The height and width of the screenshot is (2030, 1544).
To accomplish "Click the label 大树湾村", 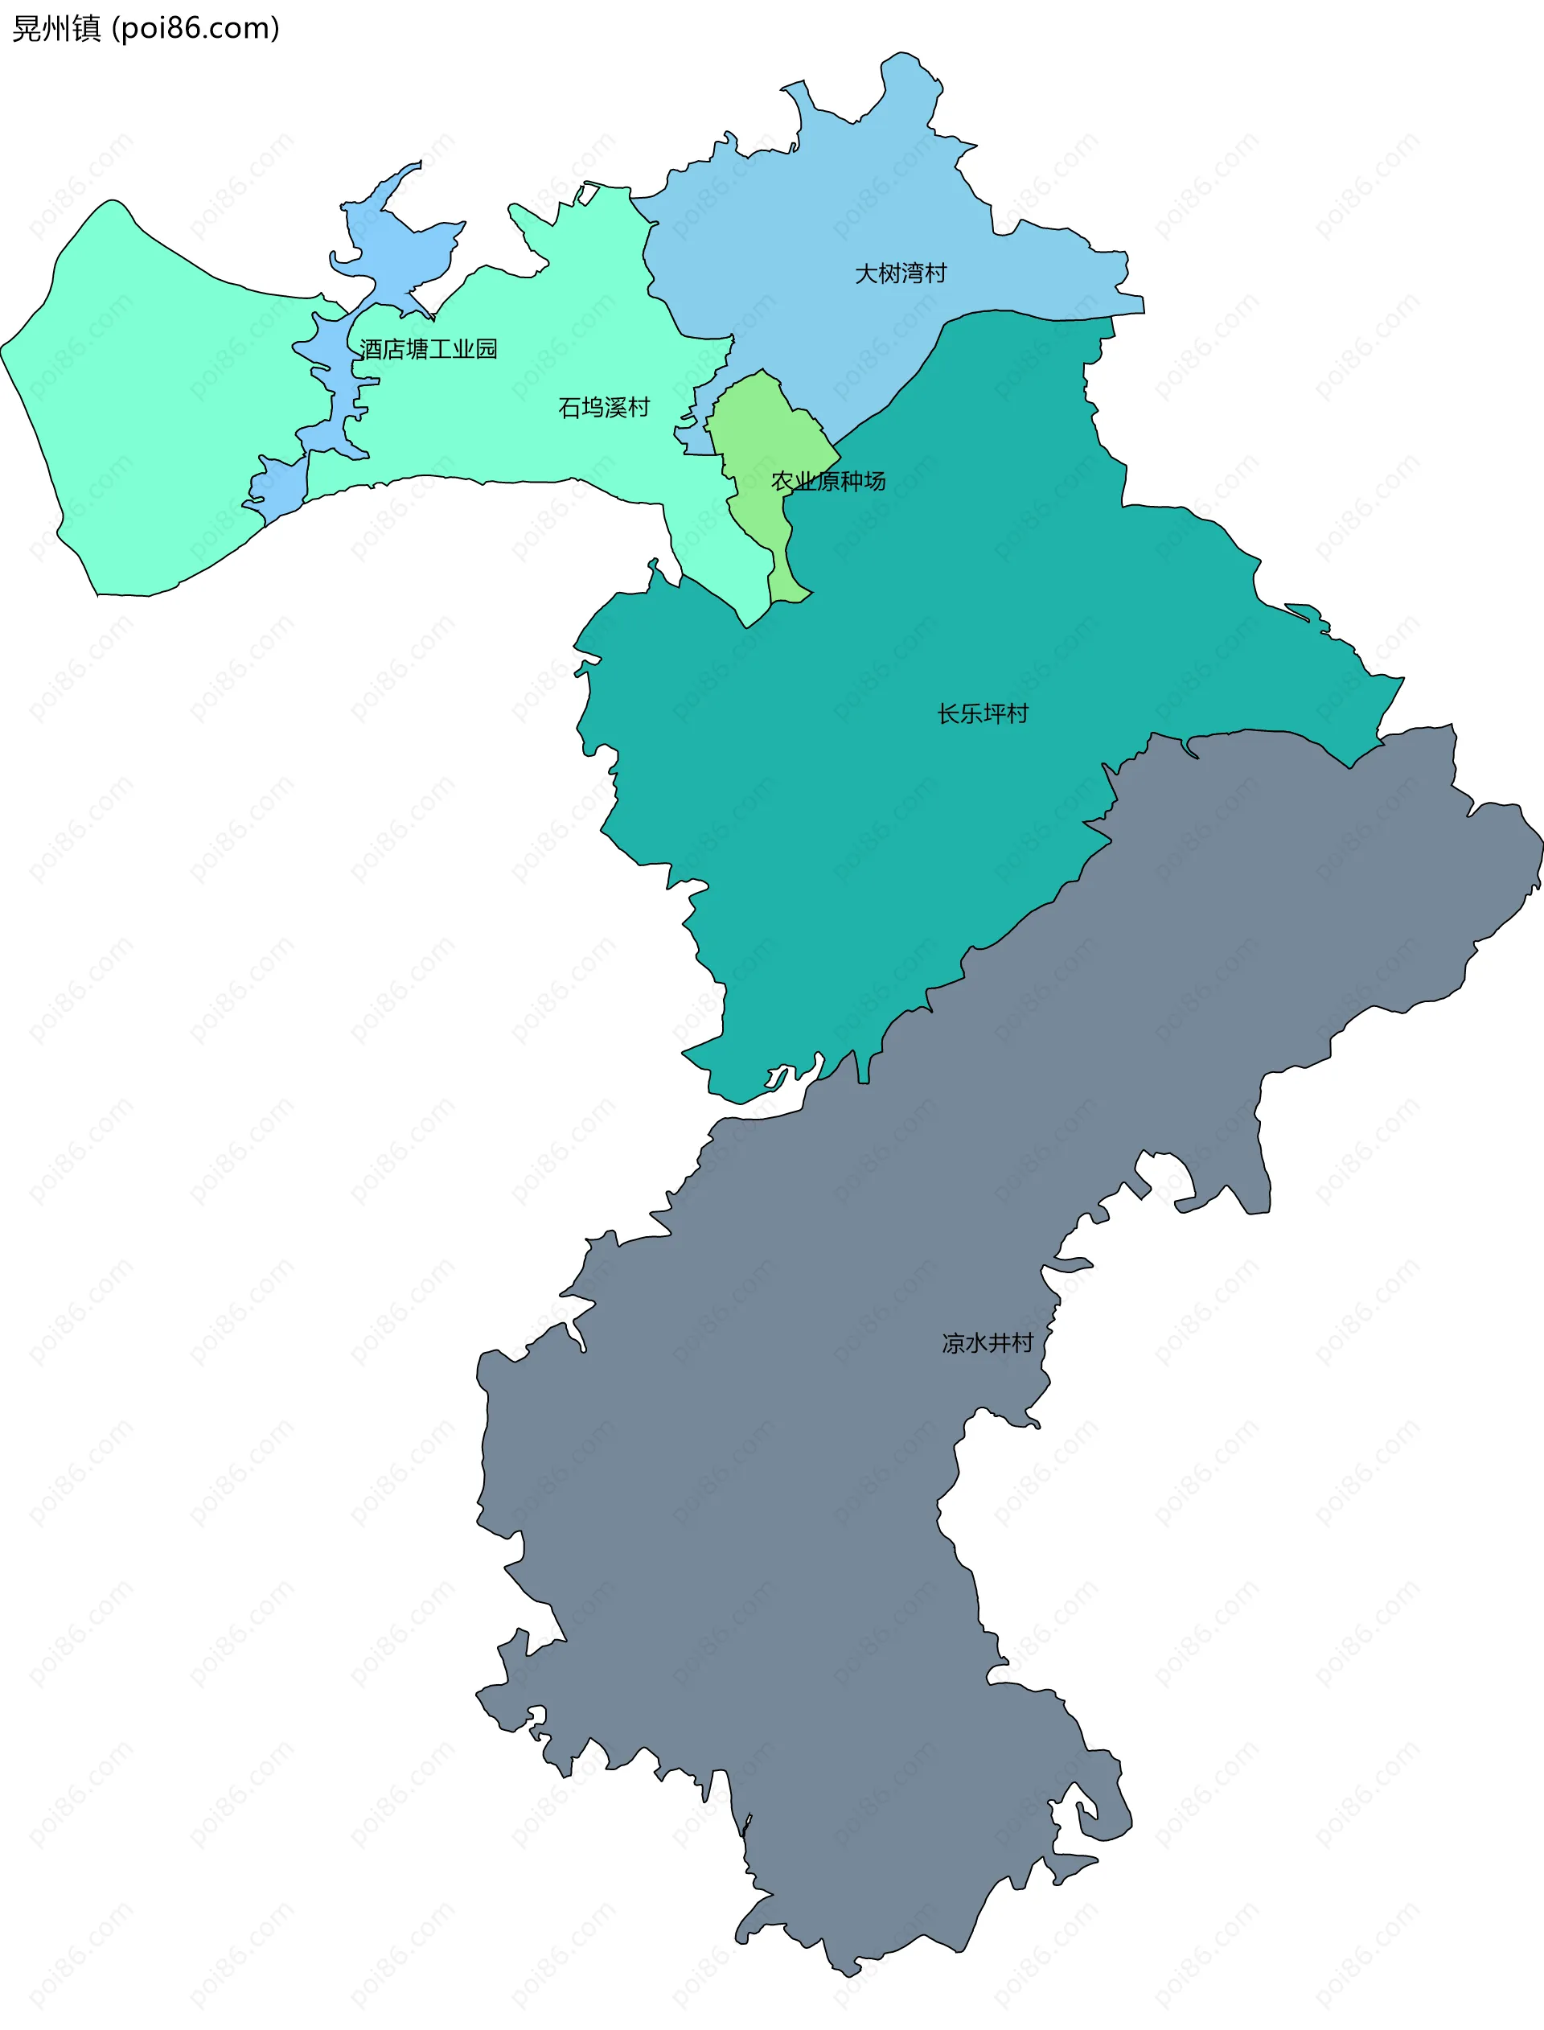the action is (900, 273).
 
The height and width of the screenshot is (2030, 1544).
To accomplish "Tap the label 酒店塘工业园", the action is (429, 349).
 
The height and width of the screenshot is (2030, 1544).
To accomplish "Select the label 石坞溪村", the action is (604, 407).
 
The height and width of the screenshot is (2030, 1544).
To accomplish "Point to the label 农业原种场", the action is (828, 481).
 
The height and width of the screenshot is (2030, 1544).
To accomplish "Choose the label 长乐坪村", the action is (983, 714).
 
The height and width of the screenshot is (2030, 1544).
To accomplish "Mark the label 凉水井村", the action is (987, 1343).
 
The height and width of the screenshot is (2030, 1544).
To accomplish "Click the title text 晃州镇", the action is (56, 28).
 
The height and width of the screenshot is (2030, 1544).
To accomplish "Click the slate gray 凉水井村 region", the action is (827, 1470).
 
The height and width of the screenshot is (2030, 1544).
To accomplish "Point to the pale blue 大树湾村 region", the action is (827, 212).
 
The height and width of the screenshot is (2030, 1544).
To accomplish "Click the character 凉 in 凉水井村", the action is (953, 1343).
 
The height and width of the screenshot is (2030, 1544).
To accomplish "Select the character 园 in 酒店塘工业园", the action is (487, 349).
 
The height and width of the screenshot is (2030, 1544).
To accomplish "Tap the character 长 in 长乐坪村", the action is (948, 714).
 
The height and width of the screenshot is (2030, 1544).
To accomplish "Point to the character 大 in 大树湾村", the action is (866, 273).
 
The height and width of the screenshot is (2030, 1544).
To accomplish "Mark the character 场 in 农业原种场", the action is (874, 481).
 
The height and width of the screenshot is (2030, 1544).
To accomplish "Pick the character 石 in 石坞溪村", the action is (570, 407).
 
